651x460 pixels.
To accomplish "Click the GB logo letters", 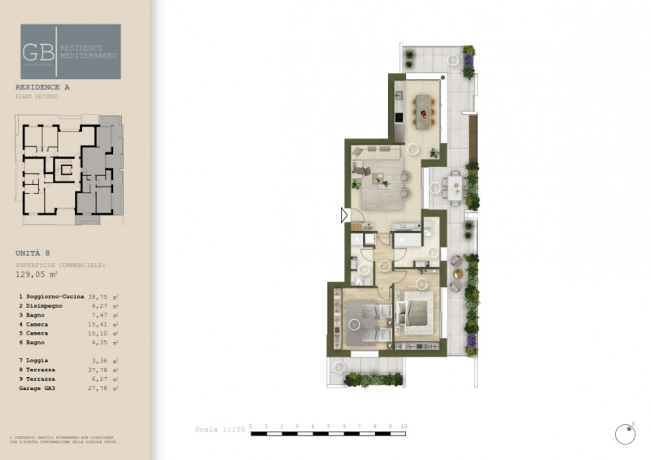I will (x=39, y=50).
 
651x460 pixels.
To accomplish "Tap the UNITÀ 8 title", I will (x=33, y=253).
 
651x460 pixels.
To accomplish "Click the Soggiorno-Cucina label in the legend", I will (x=55, y=297).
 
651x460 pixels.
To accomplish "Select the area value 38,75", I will (x=98, y=297).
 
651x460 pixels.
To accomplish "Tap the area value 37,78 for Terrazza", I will (x=98, y=370).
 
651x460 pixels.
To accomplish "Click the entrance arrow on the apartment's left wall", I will (x=344, y=215).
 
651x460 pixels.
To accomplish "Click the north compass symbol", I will (x=624, y=435).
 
